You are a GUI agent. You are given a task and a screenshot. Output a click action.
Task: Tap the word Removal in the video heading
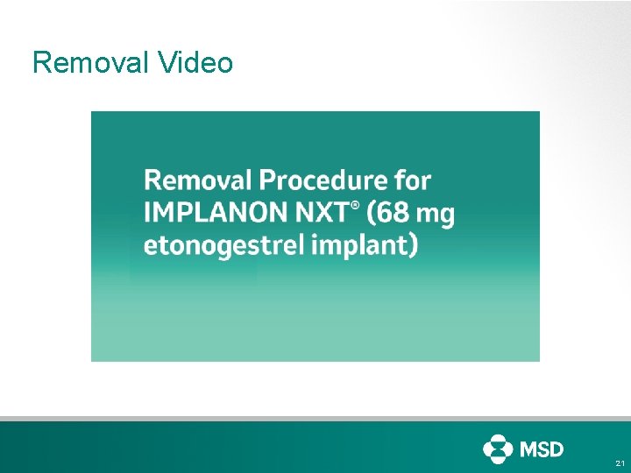(x=198, y=180)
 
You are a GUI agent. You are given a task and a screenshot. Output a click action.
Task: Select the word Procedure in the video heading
(x=323, y=181)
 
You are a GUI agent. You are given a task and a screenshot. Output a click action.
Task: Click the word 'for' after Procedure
(x=413, y=180)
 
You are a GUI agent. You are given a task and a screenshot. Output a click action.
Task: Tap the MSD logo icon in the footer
(x=498, y=448)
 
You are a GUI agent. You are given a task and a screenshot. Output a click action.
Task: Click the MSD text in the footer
(x=542, y=448)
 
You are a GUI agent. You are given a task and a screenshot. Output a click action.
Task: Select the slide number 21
(x=620, y=462)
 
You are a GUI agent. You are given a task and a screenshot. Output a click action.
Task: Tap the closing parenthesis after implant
(x=412, y=246)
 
